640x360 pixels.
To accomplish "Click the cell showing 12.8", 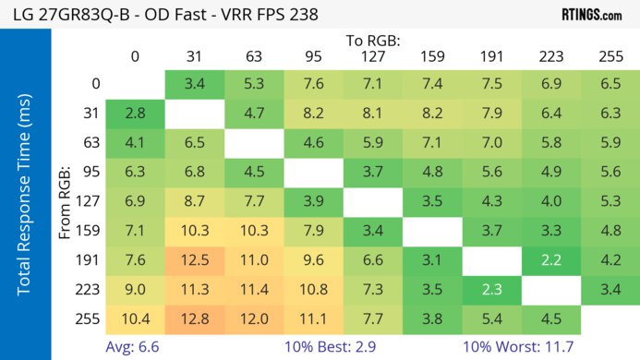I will [194, 320].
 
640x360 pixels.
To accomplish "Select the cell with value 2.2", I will [551, 261].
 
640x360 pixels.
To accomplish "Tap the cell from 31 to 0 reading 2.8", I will [135, 114].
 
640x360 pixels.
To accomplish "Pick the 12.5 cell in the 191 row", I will [194, 261].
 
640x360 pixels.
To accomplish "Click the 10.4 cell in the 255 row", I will [135, 320].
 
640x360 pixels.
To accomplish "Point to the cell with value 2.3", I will [491, 291].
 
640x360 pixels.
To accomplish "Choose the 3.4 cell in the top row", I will [194, 84].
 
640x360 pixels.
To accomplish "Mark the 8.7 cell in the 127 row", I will [194, 202].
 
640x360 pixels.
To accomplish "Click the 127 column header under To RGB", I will [373, 56].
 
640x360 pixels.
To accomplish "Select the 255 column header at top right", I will [610, 56].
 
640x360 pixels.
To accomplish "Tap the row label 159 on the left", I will [89, 232].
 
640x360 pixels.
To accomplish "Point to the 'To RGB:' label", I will [373, 41].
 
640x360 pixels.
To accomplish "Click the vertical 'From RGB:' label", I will [65, 202].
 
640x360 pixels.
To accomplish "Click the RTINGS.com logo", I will [591, 15].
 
